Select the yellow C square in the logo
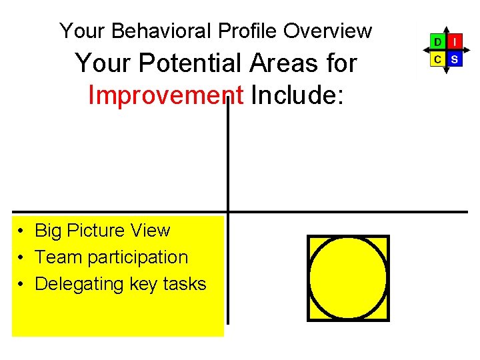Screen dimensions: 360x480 tap(437, 59)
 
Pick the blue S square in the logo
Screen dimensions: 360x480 tap(455, 59)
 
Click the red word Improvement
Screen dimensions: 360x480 tap(166, 95)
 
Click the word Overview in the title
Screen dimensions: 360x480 tap(327, 31)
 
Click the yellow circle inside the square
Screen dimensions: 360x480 tap(348, 277)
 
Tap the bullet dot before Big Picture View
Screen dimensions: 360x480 tap(22, 231)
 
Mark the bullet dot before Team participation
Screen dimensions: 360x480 tap(22, 258)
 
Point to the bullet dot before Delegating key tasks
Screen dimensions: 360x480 tap(22, 285)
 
